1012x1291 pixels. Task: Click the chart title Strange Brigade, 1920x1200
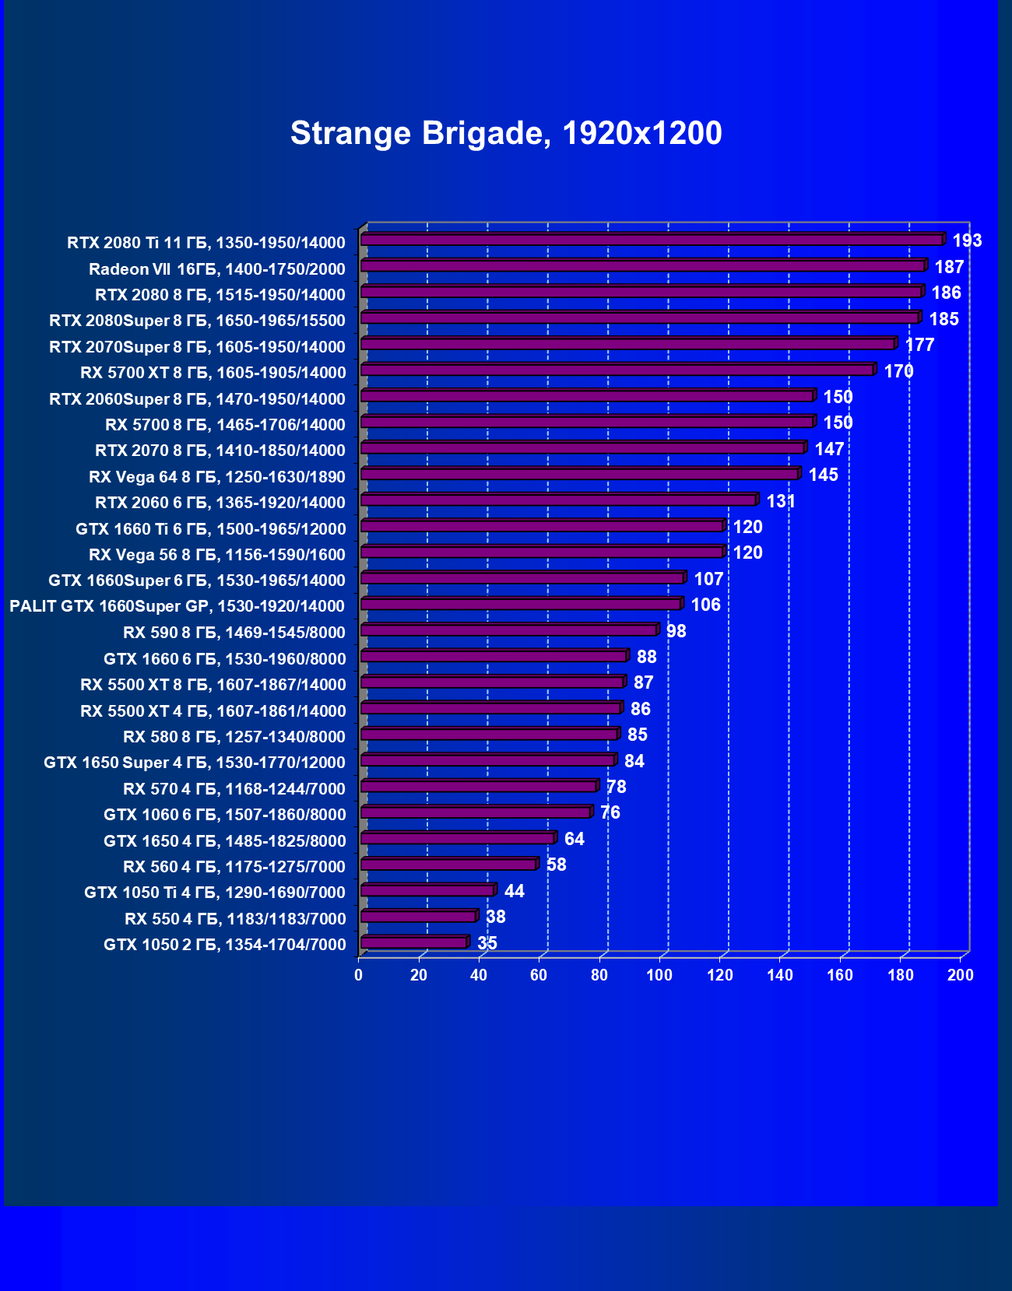[506, 134]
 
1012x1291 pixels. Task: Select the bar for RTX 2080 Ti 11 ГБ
[652, 240]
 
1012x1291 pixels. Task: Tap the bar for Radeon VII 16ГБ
[643, 266]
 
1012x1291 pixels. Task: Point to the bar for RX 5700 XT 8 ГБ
[617, 370]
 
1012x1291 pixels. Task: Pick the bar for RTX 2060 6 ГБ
[558, 500]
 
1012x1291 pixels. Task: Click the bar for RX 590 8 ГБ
[508, 630]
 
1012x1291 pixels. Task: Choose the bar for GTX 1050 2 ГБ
[413, 942]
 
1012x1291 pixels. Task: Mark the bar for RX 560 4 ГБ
[448, 865]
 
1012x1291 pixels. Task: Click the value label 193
[967, 240]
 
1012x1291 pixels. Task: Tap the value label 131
[781, 501]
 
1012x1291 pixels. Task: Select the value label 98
[676, 631]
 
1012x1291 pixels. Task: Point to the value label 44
[514, 891]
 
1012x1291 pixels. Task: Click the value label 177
[919, 345]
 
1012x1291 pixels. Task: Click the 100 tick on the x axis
[659, 975]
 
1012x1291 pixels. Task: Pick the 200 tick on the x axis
[960, 975]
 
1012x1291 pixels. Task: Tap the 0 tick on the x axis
[359, 975]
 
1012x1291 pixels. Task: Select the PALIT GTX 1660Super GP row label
[177, 606]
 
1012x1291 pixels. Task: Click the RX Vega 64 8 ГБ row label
[217, 476]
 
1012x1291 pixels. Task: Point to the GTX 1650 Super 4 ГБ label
[195, 763]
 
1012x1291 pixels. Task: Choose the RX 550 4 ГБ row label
[235, 919]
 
